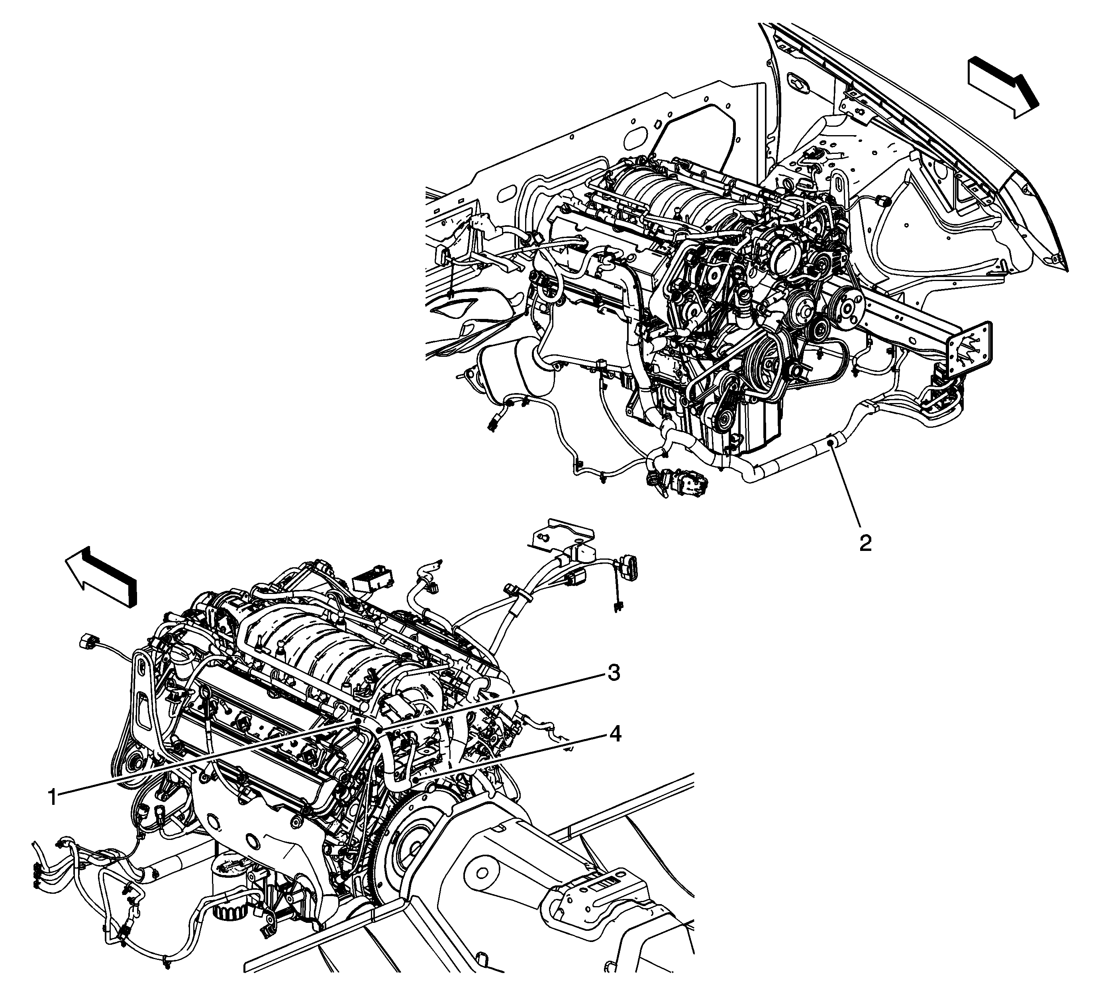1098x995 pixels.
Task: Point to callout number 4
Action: pyautogui.click(x=614, y=735)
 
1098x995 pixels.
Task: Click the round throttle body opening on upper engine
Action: pyautogui.click(x=785, y=251)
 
